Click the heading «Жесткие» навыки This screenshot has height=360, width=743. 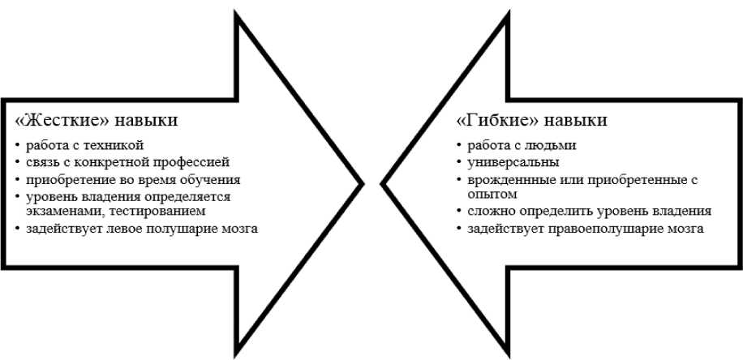pyautogui.click(x=97, y=120)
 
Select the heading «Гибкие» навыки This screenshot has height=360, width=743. pyautogui.click(x=532, y=120)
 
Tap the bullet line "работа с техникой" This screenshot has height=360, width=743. pyautogui.click(x=84, y=146)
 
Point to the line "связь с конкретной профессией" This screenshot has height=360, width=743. pyautogui.click(x=128, y=162)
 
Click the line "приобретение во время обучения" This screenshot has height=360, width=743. pyautogui.click(x=133, y=179)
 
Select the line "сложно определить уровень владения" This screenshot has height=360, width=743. pyautogui.click(x=589, y=212)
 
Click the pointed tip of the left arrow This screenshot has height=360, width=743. pyautogui.click(x=360, y=183)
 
